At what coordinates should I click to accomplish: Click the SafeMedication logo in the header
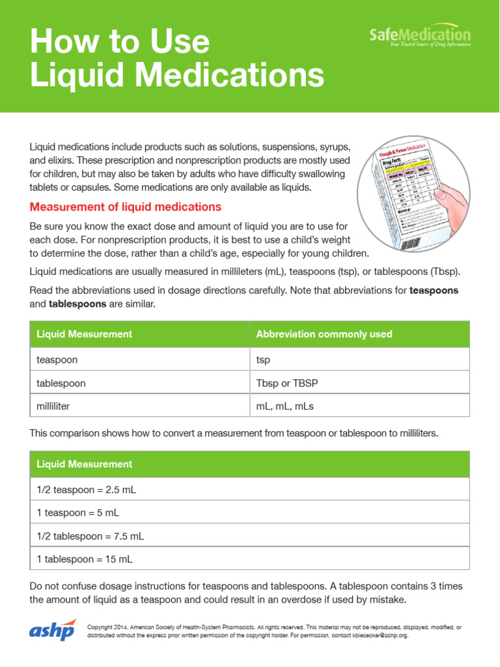click(x=420, y=35)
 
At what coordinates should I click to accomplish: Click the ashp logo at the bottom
click(x=53, y=631)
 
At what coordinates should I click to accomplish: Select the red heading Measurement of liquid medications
click(x=126, y=207)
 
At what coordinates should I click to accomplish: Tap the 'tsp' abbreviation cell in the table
click(x=264, y=359)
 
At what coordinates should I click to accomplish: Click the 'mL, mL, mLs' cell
click(x=285, y=406)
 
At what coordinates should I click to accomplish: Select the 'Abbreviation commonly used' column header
click(x=324, y=334)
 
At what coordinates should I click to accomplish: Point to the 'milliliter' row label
click(x=53, y=406)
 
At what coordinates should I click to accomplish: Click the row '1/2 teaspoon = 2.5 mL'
click(x=87, y=489)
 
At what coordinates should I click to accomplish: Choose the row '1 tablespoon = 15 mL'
click(x=85, y=559)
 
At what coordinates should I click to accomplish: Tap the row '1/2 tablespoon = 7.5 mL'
click(x=90, y=536)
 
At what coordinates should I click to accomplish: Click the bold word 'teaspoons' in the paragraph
click(x=434, y=291)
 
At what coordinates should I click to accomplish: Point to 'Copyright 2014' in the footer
click(x=107, y=627)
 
